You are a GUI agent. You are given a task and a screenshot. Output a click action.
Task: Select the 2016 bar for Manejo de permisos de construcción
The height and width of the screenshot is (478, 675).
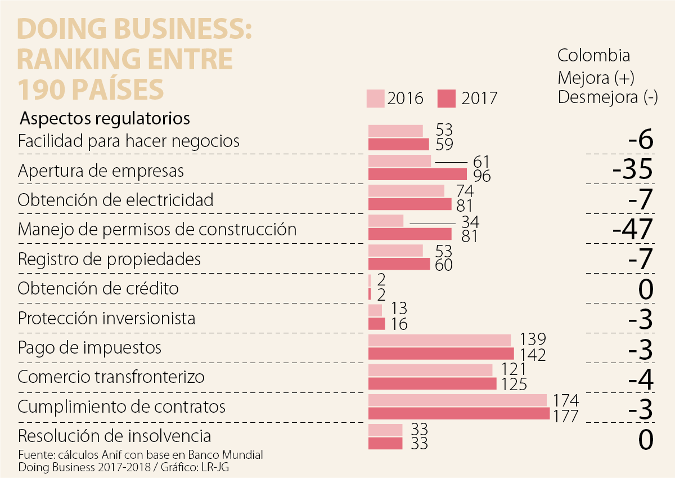386,220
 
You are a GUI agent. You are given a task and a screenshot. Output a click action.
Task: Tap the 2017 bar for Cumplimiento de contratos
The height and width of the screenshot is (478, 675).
458,413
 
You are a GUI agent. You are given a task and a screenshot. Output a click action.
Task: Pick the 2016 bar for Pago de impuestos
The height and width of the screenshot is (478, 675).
439,340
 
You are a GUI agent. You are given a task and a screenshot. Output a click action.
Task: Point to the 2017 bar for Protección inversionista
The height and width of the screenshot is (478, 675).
376,324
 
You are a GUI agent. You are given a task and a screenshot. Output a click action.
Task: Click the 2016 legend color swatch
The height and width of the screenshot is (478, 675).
375,98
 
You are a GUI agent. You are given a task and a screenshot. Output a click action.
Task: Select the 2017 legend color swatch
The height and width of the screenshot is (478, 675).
446,98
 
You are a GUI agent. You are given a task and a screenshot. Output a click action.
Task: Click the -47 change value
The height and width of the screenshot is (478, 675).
632,229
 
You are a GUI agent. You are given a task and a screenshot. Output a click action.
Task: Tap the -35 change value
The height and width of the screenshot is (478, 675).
632,169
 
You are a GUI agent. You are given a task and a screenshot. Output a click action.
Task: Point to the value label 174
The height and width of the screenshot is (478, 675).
566,400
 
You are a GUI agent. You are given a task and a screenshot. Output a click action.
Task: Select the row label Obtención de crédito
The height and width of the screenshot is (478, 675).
98,288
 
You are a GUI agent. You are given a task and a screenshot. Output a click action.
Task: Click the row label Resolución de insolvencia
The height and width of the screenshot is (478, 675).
115,436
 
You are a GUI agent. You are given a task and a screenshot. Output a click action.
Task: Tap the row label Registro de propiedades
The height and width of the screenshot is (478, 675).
109,259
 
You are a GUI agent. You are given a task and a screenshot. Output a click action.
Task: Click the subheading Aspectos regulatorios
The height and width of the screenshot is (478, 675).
105,119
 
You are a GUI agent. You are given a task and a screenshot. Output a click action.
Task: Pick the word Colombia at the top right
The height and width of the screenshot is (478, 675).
593,56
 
